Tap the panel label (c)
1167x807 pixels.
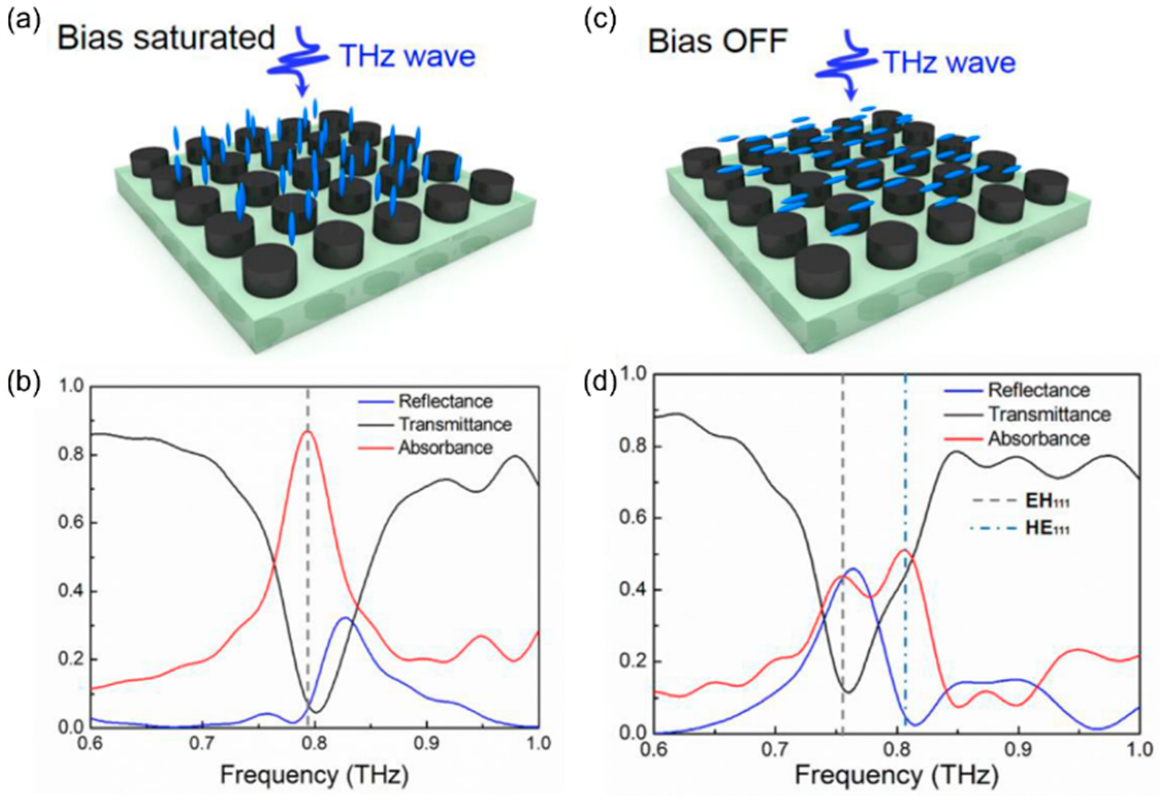pyautogui.click(x=600, y=22)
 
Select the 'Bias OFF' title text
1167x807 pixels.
pyautogui.click(x=717, y=41)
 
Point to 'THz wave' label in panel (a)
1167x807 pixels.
pyautogui.click(x=407, y=56)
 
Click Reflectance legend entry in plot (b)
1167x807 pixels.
pyautogui.click(x=445, y=401)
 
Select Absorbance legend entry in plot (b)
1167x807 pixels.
pyautogui.click(x=445, y=447)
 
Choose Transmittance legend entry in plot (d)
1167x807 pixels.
pyautogui.click(x=1049, y=414)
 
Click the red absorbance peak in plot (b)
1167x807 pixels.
pyautogui.click(x=308, y=432)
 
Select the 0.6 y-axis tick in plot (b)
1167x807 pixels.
pyautogui.click(x=71, y=523)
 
